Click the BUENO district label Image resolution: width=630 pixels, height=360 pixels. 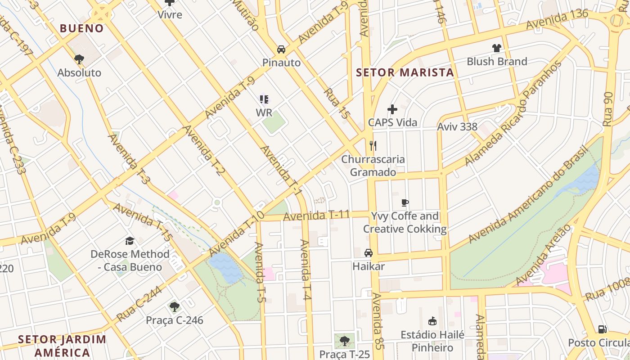tap(82, 28)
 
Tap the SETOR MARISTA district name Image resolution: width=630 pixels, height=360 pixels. tap(405, 72)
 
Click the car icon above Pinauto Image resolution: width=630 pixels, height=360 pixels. tap(281, 49)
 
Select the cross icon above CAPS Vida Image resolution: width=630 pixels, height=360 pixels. tap(392, 109)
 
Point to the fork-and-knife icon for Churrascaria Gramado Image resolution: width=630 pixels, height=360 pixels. tap(373, 145)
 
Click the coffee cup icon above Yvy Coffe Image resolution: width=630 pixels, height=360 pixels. tap(405, 202)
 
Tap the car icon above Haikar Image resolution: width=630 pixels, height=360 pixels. tap(369, 253)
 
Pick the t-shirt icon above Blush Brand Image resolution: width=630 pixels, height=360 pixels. tap(496, 48)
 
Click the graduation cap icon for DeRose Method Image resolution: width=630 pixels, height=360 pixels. tap(130, 241)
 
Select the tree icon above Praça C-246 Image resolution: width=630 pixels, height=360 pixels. tap(175, 307)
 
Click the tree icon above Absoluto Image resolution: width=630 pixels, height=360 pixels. tap(79, 59)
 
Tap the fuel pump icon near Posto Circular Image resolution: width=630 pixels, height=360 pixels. tap(602, 329)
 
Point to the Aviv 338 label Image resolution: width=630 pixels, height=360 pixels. tap(457, 127)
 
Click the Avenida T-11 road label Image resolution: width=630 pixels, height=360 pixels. tap(316, 216)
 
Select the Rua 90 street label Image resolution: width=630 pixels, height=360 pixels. tap(608, 109)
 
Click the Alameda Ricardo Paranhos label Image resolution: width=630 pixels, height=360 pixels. tap(513, 113)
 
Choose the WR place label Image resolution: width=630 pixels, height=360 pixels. tap(264, 113)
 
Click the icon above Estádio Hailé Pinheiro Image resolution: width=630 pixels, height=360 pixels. tap(432, 321)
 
